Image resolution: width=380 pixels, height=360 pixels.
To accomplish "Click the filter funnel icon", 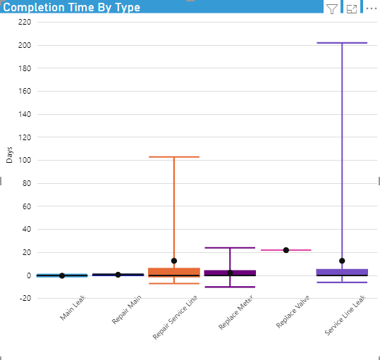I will (332, 8).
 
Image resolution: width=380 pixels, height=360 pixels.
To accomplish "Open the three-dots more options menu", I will (372, 8).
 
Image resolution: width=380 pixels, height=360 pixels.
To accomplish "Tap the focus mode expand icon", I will (353, 8).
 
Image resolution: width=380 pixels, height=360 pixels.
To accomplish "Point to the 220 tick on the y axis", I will (25, 22).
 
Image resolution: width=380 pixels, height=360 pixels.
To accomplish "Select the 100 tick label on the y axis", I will (25, 160).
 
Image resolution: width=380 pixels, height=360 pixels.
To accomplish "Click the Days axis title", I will (9, 155).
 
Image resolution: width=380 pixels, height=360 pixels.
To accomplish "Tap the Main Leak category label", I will (73, 309).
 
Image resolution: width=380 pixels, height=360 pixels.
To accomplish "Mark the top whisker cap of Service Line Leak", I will (342, 43).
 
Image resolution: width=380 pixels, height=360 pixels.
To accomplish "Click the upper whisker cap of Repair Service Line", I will (173, 157).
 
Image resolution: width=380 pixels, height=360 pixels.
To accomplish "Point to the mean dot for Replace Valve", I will (286, 250).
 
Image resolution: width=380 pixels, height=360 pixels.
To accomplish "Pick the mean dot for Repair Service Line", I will (173, 261).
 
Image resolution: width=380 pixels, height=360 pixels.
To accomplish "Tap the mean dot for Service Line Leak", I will (342, 261).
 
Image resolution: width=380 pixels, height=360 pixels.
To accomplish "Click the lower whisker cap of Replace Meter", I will (229, 287).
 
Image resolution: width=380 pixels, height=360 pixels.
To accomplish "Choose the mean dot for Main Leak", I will (62, 275).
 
